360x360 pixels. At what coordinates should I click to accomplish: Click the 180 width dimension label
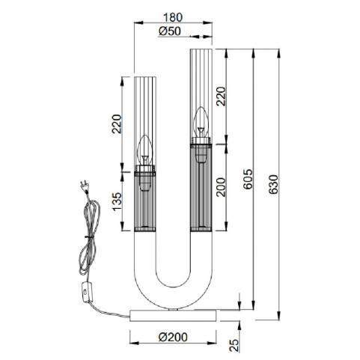(x=173, y=17)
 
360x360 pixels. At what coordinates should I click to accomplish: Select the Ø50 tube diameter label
(x=169, y=31)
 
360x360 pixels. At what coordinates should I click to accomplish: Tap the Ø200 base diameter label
(x=173, y=337)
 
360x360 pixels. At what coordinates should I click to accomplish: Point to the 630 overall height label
(x=274, y=185)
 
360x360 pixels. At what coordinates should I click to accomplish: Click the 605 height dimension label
(x=248, y=179)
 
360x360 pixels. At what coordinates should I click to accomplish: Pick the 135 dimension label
(x=117, y=202)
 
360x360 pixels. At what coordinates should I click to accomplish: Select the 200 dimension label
(x=221, y=187)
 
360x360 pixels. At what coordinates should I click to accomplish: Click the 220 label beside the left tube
(x=117, y=123)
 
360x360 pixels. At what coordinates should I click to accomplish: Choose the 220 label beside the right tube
(x=221, y=96)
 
